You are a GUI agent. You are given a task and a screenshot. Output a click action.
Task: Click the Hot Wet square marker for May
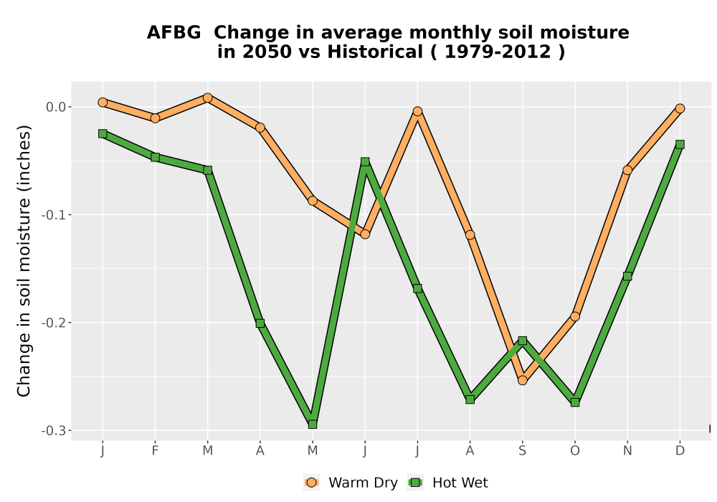[313, 425]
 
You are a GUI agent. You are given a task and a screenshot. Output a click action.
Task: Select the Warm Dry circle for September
[523, 380]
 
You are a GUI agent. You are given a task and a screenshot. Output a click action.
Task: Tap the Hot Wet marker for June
[365, 162]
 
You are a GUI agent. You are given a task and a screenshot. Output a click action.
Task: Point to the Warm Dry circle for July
[417, 111]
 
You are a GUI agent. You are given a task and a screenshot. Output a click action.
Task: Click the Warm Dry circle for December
[680, 108]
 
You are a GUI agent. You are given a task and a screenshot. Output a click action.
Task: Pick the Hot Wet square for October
[575, 402]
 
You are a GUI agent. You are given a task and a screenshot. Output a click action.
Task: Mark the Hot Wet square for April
[260, 323]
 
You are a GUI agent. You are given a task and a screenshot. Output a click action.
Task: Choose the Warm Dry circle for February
[155, 118]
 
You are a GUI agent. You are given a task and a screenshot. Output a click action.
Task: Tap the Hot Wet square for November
[627, 276]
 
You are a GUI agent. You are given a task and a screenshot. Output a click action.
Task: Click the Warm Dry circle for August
[470, 235]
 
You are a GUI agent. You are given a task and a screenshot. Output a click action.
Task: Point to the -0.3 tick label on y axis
[54, 431]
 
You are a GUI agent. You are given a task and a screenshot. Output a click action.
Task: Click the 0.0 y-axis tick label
[56, 107]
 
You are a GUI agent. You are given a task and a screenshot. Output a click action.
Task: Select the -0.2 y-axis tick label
[54, 323]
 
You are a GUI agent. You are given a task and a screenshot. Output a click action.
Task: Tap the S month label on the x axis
[523, 451]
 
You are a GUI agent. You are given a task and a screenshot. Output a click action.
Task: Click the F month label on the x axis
[155, 451]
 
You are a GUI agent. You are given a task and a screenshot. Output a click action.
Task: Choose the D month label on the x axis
[680, 451]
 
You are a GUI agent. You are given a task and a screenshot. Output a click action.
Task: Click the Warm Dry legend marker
[311, 483]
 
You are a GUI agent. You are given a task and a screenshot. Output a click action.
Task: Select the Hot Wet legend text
[460, 483]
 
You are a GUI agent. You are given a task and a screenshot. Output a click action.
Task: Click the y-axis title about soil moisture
[24, 261]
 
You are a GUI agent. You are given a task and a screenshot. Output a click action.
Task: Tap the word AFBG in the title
[174, 32]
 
